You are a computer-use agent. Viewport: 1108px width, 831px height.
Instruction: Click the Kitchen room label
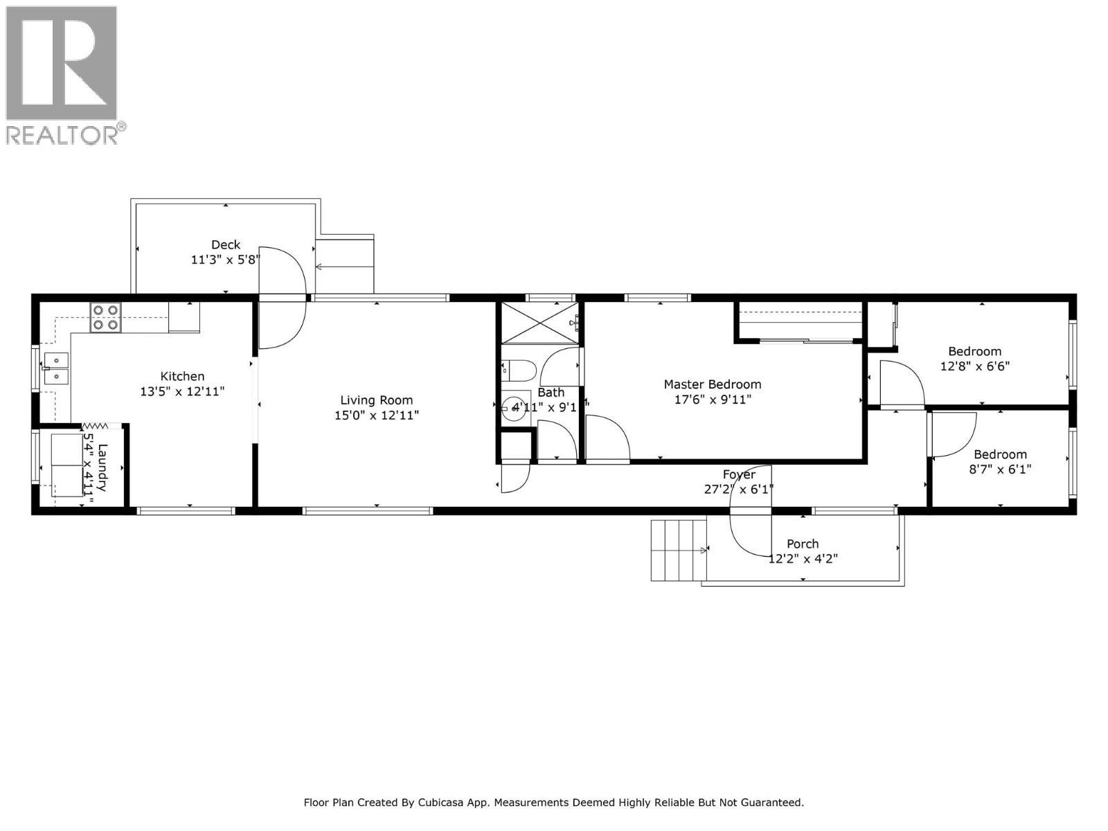[182, 376]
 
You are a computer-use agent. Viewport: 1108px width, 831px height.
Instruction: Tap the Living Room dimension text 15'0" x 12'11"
[376, 415]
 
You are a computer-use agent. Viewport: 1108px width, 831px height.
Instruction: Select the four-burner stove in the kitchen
[106, 318]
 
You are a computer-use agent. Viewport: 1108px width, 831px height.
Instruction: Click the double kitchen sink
[55, 368]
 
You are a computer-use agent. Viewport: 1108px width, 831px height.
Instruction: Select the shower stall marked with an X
[539, 322]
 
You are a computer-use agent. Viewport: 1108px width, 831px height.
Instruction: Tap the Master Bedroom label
[712, 384]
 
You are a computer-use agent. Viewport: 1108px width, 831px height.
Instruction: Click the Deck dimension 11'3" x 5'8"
[226, 260]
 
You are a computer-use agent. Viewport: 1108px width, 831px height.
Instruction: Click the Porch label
[803, 544]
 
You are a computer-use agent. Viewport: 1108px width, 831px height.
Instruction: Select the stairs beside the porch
[677, 550]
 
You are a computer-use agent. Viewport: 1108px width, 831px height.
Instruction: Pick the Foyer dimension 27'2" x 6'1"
[738, 489]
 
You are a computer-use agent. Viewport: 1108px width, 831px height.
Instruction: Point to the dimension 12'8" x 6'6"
[974, 366]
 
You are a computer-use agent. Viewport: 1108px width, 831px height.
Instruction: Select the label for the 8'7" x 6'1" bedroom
[1000, 454]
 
